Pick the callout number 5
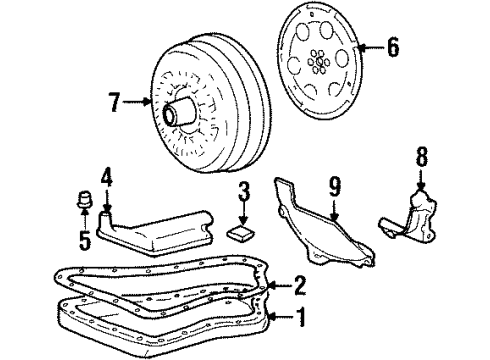pyautogui.click(x=85, y=241)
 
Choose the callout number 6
pyautogui.click(x=393, y=46)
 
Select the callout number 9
pyautogui.click(x=335, y=185)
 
